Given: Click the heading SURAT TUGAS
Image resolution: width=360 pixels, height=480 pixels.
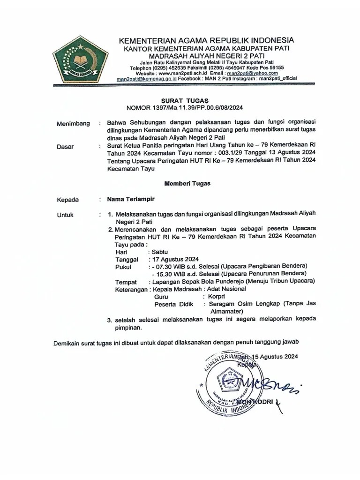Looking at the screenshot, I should (x=184, y=100).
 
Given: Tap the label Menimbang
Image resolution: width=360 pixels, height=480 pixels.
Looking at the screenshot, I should (x=73, y=124).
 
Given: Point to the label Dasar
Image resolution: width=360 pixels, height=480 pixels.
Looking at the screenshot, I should (x=65, y=147).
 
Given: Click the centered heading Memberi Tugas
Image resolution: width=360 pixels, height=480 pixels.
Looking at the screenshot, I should (x=187, y=183).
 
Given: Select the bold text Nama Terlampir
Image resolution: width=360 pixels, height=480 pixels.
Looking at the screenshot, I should (x=130, y=199).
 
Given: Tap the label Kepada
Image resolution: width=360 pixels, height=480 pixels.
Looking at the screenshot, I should (x=67, y=199).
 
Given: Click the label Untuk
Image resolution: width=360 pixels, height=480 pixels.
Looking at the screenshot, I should (x=65, y=215).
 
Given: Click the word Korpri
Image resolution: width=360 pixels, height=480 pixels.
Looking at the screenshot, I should (x=217, y=297).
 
